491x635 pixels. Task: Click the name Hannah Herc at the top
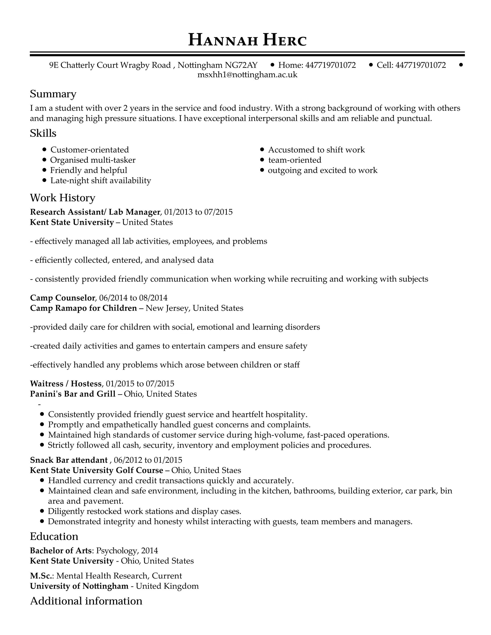coord(247,40)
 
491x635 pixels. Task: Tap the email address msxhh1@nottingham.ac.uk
coord(247,75)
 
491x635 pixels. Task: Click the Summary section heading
coord(53,94)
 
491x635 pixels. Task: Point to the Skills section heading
coord(43,133)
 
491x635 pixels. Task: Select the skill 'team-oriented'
coord(295,160)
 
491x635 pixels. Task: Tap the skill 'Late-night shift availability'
coord(101,181)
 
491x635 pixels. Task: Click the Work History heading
coord(63,198)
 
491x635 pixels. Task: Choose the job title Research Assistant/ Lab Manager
coord(95,212)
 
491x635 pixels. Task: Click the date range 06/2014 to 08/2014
coord(133,298)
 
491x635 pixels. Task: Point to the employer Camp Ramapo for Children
coord(83,308)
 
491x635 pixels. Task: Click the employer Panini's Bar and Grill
coord(73,394)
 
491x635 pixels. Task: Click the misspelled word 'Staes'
coord(231,470)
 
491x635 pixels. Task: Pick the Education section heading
coord(54,536)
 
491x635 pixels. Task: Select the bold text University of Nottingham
coord(79,586)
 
